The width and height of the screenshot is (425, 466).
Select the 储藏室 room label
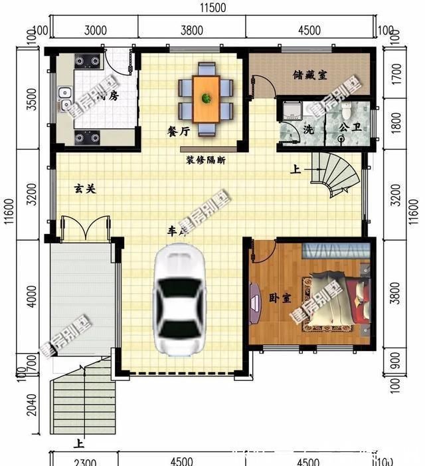click(309, 75)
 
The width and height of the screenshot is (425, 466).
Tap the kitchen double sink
click(64, 100)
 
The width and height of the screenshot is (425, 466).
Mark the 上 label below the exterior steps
click(79, 443)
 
